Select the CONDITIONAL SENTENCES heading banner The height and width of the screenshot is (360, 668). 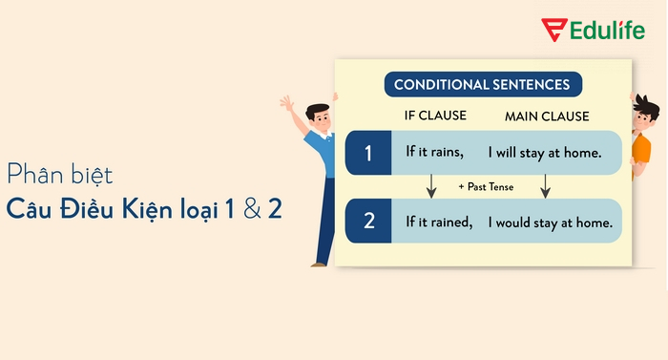pos(483,85)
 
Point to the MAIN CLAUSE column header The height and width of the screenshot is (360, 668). pos(547,117)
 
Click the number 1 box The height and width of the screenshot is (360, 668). pos(368,152)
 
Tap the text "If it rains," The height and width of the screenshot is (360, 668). pos(434,152)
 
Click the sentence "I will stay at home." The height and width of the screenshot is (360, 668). pos(545,152)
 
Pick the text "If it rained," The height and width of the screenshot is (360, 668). pos(439,222)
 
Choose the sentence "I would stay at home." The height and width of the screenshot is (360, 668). pos(550,222)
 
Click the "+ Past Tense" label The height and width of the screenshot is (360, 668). pos(486,187)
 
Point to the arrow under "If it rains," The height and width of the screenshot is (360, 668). pos(431,186)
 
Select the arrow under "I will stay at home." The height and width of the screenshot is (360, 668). pos(545,186)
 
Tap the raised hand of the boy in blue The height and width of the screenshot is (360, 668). pos(287,102)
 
